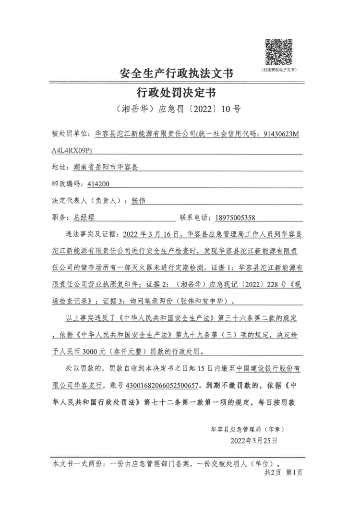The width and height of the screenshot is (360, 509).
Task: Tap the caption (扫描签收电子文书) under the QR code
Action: [x=279, y=70]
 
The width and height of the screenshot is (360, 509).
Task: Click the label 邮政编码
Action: [x=67, y=184]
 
